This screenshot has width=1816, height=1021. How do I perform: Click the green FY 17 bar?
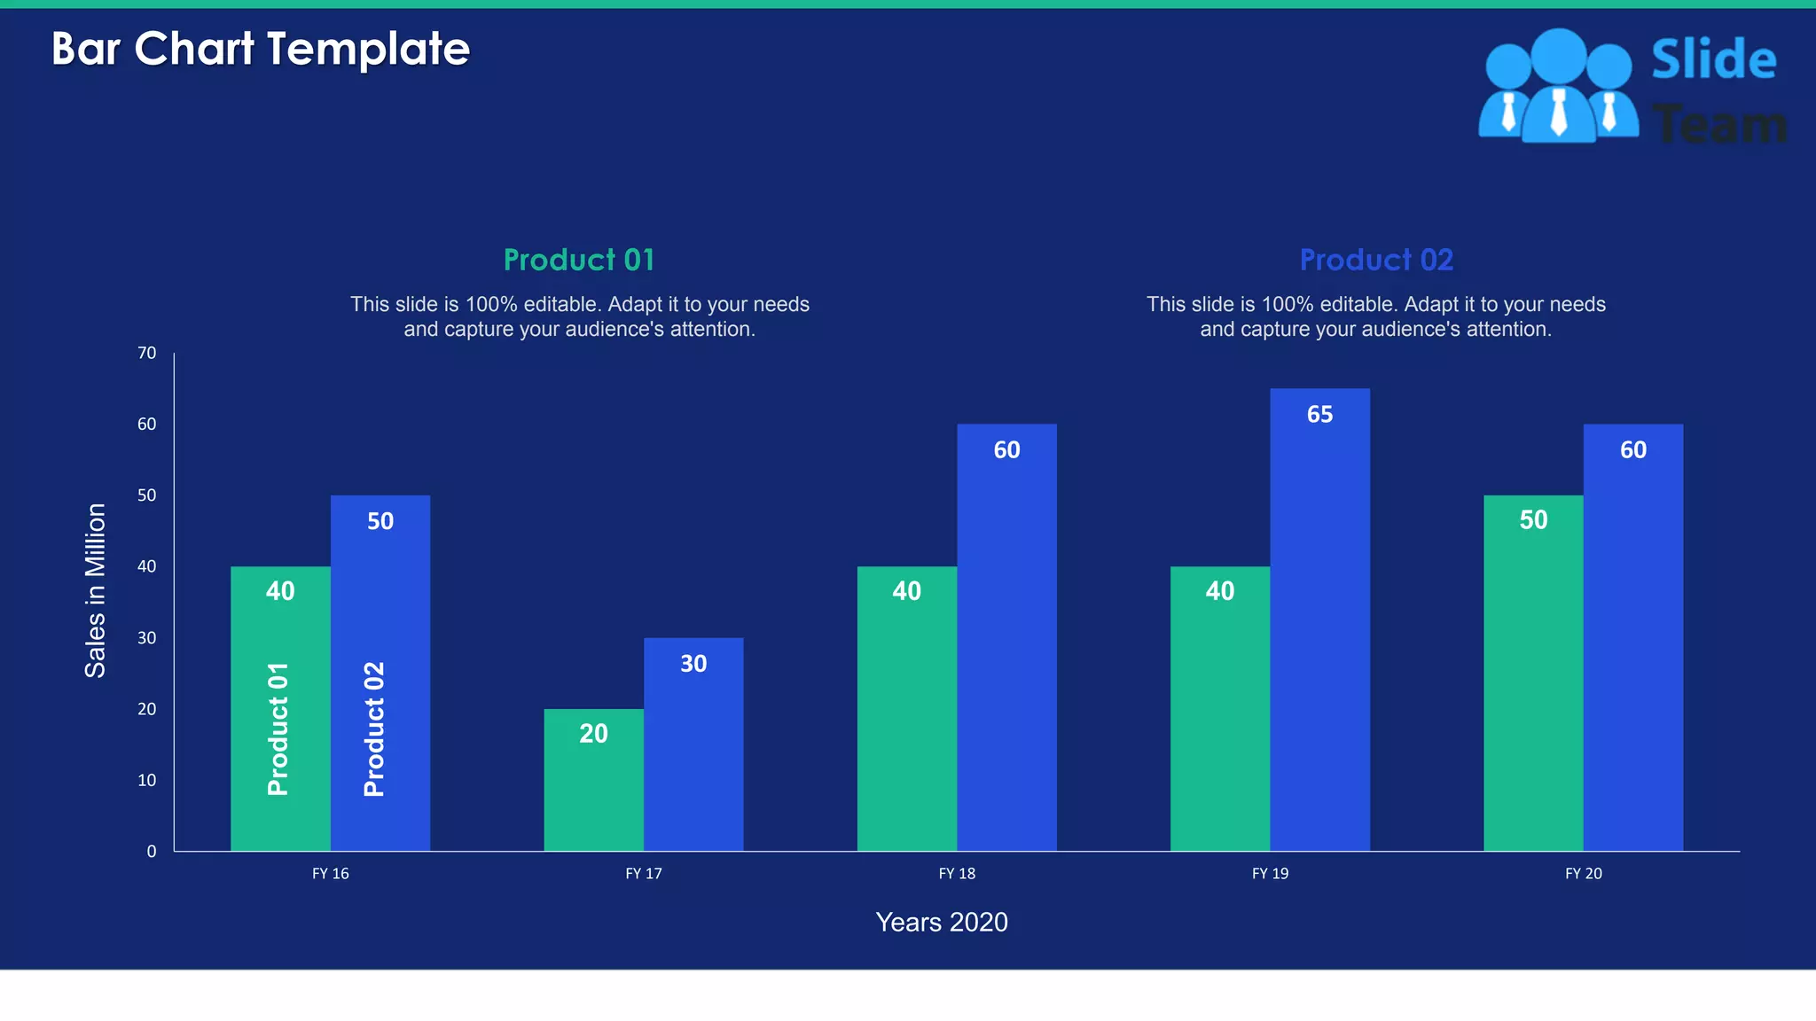(x=593, y=780)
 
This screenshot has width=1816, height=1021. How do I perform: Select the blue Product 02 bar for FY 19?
(x=1319, y=620)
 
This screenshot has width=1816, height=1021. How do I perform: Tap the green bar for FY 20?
(x=1533, y=674)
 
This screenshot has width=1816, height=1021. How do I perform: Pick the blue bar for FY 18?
(x=1006, y=638)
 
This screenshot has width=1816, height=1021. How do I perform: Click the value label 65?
(x=1319, y=414)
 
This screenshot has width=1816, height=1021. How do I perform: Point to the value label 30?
(x=693, y=663)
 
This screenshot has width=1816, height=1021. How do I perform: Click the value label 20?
(x=593, y=734)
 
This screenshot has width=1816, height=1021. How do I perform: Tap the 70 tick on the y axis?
(x=146, y=353)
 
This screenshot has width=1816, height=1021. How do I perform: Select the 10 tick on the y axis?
(x=146, y=780)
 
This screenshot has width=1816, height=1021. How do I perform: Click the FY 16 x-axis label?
(x=330, y=874)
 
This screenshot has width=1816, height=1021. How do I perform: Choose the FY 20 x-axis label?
(x=1583, y=874)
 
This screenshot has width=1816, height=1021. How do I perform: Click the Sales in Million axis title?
(x=95, y=590)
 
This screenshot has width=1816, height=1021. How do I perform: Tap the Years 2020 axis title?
(x=941, y=922)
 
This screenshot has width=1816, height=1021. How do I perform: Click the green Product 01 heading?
(x=579, y=260)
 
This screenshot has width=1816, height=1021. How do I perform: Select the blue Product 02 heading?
(x=1375, y=260)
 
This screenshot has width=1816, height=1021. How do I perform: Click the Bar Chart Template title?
(x=260, y=49)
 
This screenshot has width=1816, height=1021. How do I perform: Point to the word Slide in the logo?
(x=1713, y=60)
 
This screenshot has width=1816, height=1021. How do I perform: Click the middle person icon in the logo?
(x=1558, y=89)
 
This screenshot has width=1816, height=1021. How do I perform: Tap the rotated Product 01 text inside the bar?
(x=278, y=729)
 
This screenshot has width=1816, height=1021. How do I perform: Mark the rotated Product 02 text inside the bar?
(x=374, y=729)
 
